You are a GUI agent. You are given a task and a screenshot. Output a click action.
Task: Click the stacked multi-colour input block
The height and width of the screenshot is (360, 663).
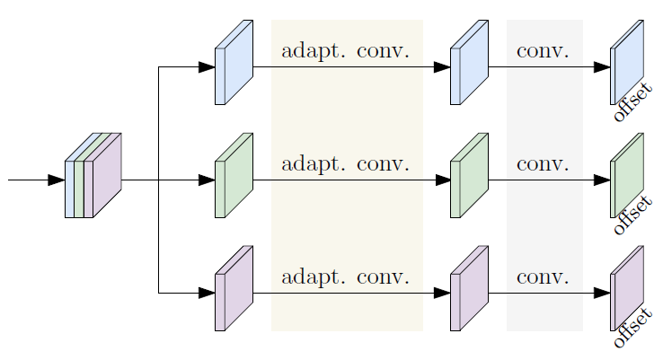pos(93,176)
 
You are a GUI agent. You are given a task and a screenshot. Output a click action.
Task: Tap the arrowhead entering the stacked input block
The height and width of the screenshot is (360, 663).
pos(57,180)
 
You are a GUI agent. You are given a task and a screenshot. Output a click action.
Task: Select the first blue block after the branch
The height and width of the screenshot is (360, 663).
pos(233,63)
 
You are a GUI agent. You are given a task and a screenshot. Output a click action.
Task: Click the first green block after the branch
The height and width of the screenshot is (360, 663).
pos(233,176)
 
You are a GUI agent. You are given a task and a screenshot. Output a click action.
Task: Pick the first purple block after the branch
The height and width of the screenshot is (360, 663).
pos(233,289)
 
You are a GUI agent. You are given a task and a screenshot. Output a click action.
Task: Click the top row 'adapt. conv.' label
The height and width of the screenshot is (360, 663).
pos(345,51)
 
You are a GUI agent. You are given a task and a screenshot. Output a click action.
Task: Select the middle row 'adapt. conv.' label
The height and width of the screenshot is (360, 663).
pos(345,164)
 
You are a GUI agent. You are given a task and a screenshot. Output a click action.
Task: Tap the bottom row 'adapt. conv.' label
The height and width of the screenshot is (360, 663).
pos(345,277)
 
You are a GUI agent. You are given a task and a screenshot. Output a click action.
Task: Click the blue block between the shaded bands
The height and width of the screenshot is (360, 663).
pos(468,63)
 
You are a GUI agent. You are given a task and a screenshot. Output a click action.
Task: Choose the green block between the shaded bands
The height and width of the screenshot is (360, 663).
pos(468,176)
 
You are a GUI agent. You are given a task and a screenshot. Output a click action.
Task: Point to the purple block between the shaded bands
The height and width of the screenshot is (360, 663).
pos(468,289)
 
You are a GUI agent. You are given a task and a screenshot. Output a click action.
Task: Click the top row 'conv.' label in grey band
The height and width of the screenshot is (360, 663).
pos(543,51)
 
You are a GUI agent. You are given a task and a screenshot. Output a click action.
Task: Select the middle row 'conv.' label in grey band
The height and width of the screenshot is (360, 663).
pos(543,164)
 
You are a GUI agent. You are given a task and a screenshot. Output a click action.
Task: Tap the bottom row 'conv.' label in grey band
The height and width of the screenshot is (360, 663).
pos(543,277)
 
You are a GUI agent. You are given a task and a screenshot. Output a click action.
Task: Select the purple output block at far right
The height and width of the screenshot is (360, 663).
pos(627,287)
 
